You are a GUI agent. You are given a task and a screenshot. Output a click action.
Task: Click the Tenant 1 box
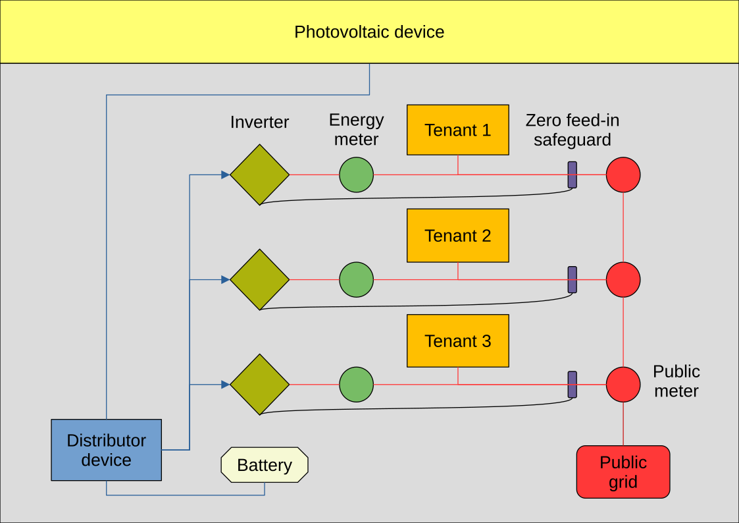pos(458,130)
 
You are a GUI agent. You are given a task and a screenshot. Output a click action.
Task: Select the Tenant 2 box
pos(458,235)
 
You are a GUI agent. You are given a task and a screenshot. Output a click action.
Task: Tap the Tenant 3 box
pos(458,341)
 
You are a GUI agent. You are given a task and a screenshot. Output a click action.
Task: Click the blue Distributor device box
pos(106,450)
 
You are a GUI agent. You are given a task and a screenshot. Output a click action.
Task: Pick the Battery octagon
pos(265,465)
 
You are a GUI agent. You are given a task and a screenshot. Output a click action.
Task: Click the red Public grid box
pos(623,472)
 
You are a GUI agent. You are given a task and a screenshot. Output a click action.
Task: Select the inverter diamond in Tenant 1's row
pos(259,175)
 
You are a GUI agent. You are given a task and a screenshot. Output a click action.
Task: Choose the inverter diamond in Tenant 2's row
pos(259,279)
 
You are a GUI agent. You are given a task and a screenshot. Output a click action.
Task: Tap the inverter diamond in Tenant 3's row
pos(259,384)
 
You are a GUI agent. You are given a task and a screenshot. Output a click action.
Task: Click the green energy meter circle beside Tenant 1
pos(357,175)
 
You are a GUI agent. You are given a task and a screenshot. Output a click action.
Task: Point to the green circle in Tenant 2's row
pos(357,279)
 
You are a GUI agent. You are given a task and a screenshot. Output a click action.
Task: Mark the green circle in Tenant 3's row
pos(357,384)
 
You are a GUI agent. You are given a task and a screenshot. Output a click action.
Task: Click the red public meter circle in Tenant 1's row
pos(623,175)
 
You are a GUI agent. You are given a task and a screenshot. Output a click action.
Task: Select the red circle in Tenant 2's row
pos(623,279)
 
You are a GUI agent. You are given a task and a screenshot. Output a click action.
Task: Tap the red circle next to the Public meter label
pos(623,384)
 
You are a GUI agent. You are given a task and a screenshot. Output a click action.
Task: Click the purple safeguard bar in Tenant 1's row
pos(573,175)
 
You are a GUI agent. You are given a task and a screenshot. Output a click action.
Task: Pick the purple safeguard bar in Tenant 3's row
pos(573,384)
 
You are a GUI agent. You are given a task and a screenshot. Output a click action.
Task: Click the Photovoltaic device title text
pos(369,32)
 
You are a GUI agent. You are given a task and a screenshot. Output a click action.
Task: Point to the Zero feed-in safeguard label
pos(573,130)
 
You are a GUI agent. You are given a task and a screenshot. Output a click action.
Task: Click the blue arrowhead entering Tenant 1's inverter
pos(225,175)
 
